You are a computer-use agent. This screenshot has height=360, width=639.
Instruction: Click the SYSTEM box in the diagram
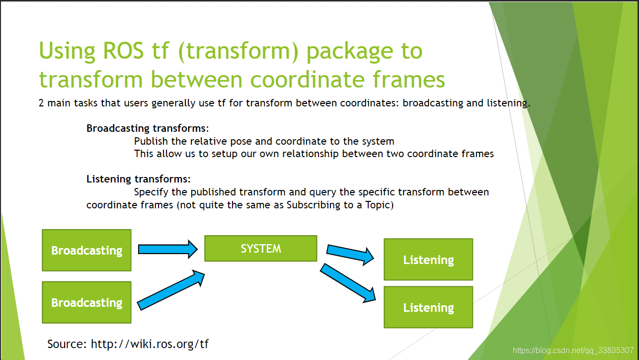pyautogui.click(x=260, y=248)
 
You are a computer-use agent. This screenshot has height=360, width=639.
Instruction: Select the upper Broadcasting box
pyautogui.click(x=86, y=250)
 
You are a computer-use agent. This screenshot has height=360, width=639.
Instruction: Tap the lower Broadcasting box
pyautogui.click(x=86, y=302)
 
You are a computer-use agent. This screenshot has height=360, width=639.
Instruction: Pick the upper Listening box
pyautogui.click(x=428, y=260)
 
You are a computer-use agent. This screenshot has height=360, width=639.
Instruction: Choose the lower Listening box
pyautogui.click(x=428, y=307)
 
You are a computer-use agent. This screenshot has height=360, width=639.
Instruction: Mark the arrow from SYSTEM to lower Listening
pyautogui.click(x=348, y=283)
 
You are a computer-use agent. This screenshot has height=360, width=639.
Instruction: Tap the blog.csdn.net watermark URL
pyautogui.click(x=573, y=350)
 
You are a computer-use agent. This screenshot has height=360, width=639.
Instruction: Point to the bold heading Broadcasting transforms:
pyautogui.click(x=148, y=128)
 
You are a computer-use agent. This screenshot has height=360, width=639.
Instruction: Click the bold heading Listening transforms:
pyautogui.click(x=139, y=179)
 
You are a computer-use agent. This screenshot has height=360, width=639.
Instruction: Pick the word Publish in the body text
pyautogui.click(x=151, y=141)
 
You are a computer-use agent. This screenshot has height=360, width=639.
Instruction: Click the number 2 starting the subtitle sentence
pyautogui.click(x=41, y=103)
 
